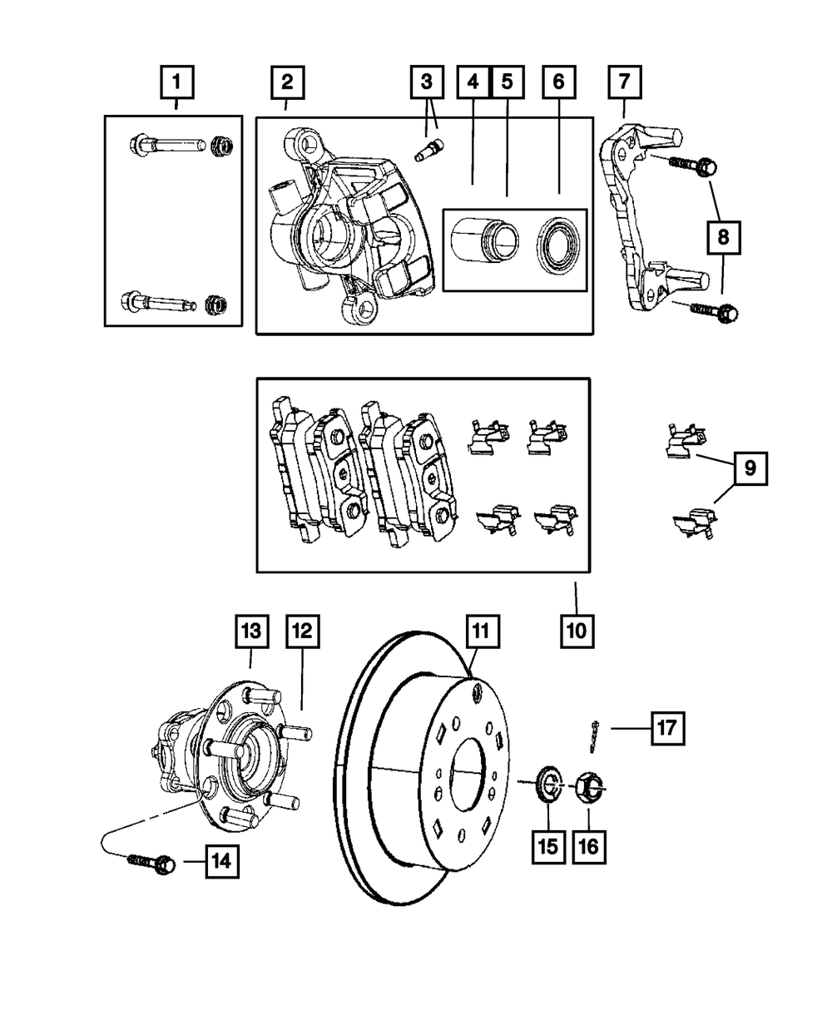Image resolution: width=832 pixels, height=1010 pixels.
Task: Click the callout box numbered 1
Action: (176, 83)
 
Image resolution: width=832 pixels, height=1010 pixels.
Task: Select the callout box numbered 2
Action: (287, 83)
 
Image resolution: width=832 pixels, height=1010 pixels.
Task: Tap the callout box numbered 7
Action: (624, 83)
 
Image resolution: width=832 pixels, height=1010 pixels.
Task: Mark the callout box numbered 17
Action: (667, 728)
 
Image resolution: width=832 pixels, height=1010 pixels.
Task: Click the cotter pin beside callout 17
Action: (596, 735)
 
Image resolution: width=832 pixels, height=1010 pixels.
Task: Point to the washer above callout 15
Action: (546, 785)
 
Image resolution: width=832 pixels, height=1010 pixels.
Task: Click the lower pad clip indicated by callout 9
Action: (693, 524)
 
